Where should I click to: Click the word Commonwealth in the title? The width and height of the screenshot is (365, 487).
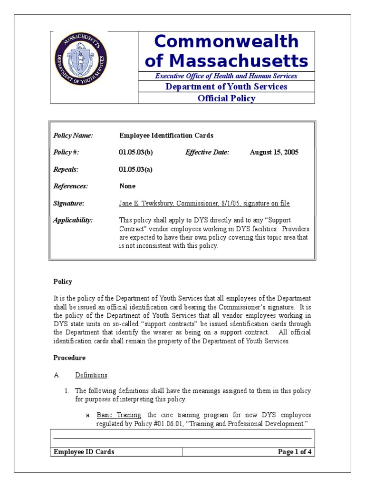click(x=226, y=42)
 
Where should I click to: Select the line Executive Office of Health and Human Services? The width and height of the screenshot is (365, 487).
click(x=226, y=76)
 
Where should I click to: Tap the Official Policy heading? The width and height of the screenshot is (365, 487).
click(x=226, y=98)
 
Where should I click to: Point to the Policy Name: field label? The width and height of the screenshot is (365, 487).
click(x=73, y=136)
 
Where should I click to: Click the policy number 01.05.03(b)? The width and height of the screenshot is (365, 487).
click(x=136, y=152)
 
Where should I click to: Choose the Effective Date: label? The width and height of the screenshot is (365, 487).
click(x=207, y=152)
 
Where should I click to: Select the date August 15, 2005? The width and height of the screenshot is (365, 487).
click(x=274, y=152)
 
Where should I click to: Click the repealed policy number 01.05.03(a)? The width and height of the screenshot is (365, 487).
click(x=135, y=169)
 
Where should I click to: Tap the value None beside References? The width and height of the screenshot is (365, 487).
click(x=127, y=186)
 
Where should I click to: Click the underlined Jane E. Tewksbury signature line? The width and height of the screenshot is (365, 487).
click(x=204, y=204)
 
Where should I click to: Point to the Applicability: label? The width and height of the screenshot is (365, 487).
click(x=73, y=220)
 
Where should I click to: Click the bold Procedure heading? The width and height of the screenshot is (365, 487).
click(x=69, y=358)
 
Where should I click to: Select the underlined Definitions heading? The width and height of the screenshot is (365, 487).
click(x=91, y=375)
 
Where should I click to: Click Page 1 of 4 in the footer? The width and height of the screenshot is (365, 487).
click(x=295, y=452)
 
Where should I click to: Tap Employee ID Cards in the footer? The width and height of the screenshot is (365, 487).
click(x=84, y=452)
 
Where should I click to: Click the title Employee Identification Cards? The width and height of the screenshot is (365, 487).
click(x=166, y=136)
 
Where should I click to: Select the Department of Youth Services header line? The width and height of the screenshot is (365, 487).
click(x=226, y=87)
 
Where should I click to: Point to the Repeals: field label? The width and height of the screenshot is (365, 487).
click(x=66, y=169)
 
